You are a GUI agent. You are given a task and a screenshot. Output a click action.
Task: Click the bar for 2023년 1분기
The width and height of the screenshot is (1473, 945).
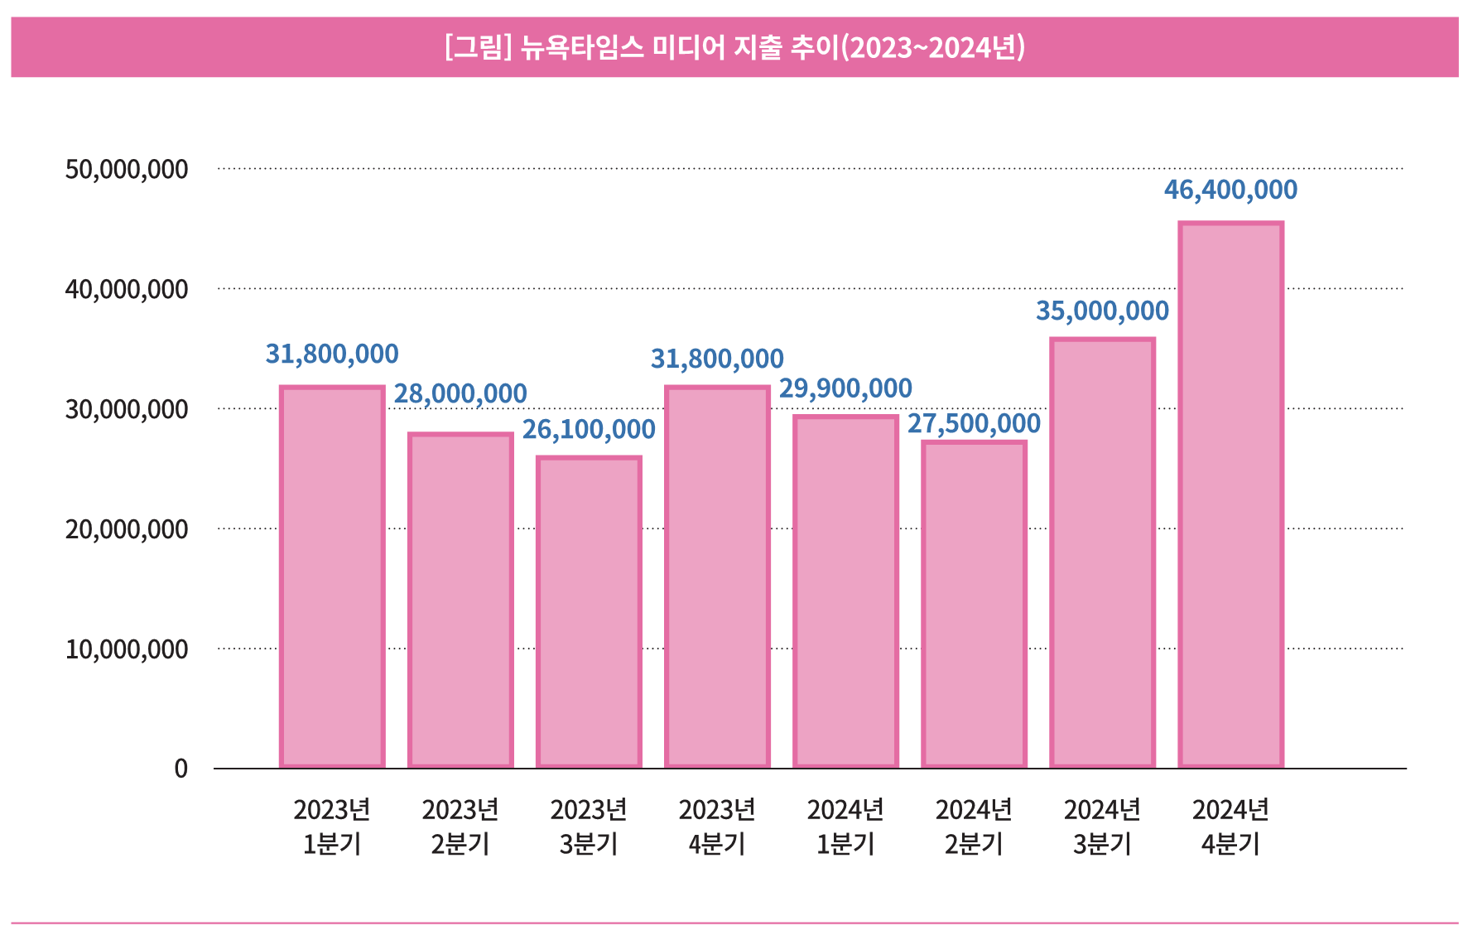click(x=332, y=576)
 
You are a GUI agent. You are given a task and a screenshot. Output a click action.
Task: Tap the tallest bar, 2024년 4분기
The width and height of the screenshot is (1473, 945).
click(x=1230, y=494)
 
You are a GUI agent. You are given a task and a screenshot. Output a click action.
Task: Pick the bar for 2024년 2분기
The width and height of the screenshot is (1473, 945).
click(x=974, y=604)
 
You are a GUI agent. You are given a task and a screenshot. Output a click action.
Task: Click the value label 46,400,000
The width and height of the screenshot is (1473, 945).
click(x=1230, y=190)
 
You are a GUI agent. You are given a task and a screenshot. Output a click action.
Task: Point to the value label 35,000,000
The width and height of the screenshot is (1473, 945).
click(x=1102, y=311)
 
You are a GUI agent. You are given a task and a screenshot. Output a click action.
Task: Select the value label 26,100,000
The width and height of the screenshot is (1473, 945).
click(x=589, y=429)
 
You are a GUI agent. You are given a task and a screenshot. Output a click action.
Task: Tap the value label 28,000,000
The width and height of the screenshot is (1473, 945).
click(x=460, y=393)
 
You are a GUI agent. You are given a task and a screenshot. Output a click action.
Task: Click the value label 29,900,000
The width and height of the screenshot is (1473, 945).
click(x=845, y=388)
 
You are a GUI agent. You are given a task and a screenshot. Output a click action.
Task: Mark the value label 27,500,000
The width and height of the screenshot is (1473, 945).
click(x=974, y=423)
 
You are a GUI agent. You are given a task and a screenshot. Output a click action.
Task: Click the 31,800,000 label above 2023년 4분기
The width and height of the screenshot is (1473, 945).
click(x=717, y=359)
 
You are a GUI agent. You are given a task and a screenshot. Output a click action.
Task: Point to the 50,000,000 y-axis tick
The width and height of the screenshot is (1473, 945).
click(x=127, y=169)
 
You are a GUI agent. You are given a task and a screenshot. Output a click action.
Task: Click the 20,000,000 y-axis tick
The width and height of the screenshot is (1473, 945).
click(x=127, y=529)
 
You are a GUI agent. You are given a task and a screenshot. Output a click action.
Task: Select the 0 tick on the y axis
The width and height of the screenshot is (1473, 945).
click(x=181, y=769)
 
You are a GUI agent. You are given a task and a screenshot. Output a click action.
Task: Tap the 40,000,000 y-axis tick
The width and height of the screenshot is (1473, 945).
click(x=127, y=289)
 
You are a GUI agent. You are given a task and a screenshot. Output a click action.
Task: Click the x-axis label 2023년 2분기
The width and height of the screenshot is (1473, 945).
click(x=460, y=826)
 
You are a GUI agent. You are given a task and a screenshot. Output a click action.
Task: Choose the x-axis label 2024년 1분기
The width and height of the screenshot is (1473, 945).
click(x=845, y=826)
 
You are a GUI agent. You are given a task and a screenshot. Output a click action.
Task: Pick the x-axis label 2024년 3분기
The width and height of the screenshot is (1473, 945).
click(x=1102, y=826)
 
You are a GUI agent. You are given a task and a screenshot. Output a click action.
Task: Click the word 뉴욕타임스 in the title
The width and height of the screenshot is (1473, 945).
click(x=582, y=47)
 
